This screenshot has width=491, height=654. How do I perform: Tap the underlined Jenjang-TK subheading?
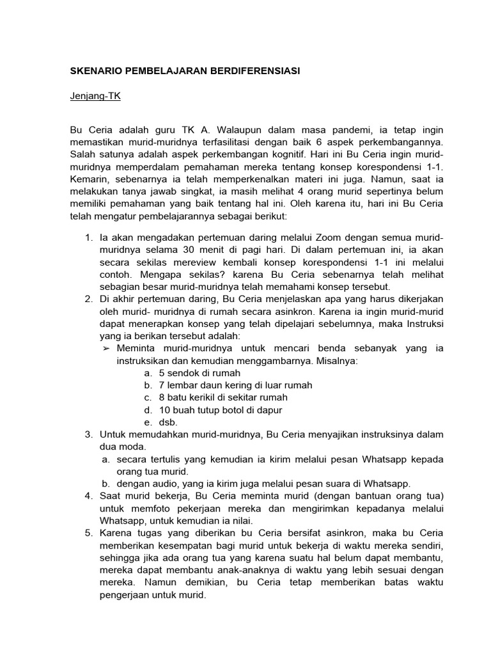click(x=95, y=96)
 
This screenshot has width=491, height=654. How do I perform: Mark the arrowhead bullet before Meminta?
click(x=107, y=348)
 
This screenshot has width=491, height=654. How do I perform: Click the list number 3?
click(x=88, y=434)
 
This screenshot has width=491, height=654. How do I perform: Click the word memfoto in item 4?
click(x=122, y=508)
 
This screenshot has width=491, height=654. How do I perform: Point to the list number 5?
click(x=88, y=533)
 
